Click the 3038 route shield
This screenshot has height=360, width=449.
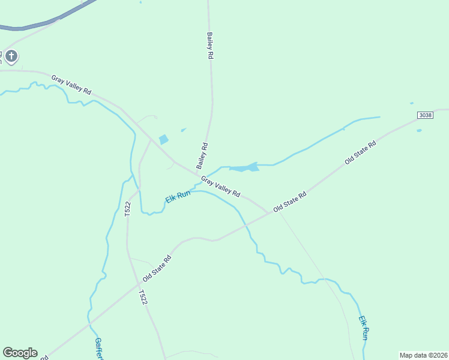(x=426, y=115)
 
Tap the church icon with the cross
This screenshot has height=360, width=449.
(x=11, y=57)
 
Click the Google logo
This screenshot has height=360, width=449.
(x=20, y=353)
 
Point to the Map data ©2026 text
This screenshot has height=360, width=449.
(x=423, y=355)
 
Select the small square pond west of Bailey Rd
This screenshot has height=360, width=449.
(x=163, y=140)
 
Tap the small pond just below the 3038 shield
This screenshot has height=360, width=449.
(x=418, y=130)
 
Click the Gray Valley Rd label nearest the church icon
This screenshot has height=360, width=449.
(x=71, y=85)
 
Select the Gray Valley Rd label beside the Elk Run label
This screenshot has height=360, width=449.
(x=220, y=187)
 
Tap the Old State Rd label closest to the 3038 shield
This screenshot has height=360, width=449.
(x=360, y=153)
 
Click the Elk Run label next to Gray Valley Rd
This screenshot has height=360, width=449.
(x=178, y=196)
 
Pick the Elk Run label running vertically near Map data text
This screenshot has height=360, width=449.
(x=364, y=329)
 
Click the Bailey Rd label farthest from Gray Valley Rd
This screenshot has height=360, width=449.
(x=210, y=45)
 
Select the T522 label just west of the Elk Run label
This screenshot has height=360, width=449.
(x=127, y=209)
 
